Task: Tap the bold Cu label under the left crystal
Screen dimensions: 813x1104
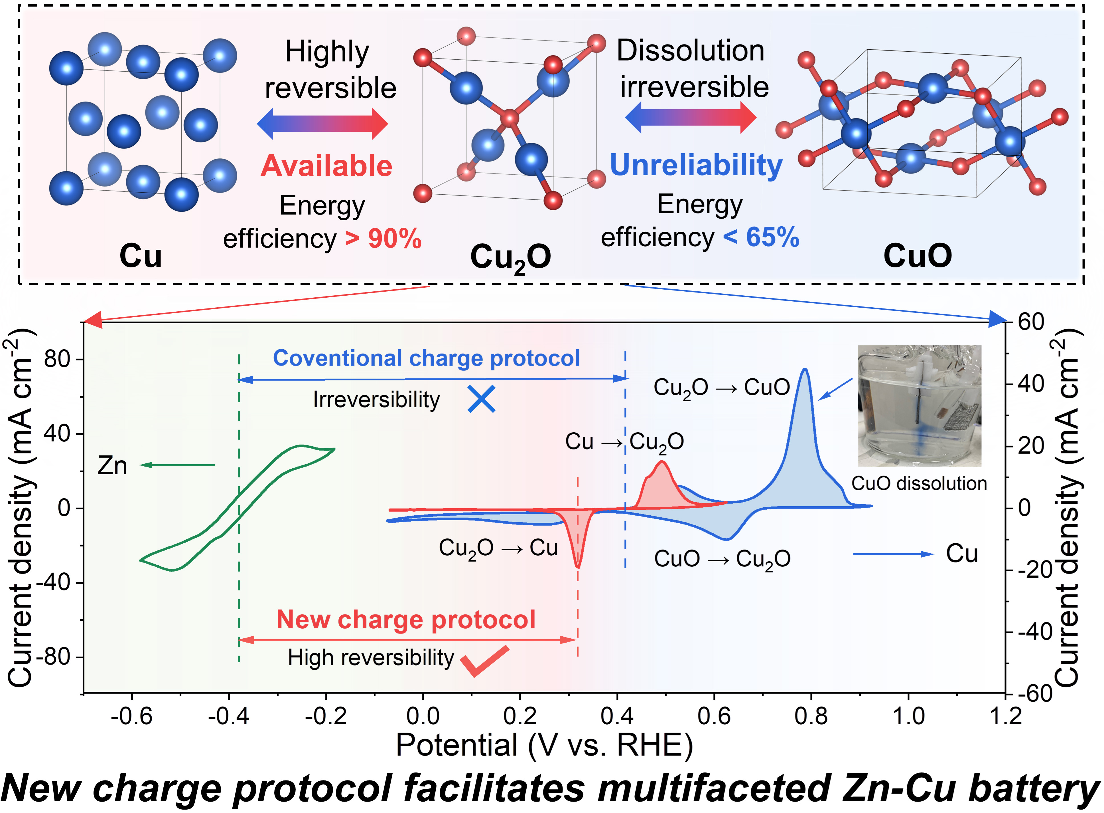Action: tap(141, 256)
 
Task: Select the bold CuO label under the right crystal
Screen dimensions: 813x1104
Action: tap(918, 256)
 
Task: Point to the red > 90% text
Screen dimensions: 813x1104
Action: tap(383, 239)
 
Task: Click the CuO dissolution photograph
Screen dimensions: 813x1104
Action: tap(919, 406)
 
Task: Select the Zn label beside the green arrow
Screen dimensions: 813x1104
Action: tap(113, 465)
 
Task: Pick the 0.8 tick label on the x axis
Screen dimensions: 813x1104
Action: tap(811, 716)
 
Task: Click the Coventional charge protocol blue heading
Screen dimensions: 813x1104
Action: tap(426, 358)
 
